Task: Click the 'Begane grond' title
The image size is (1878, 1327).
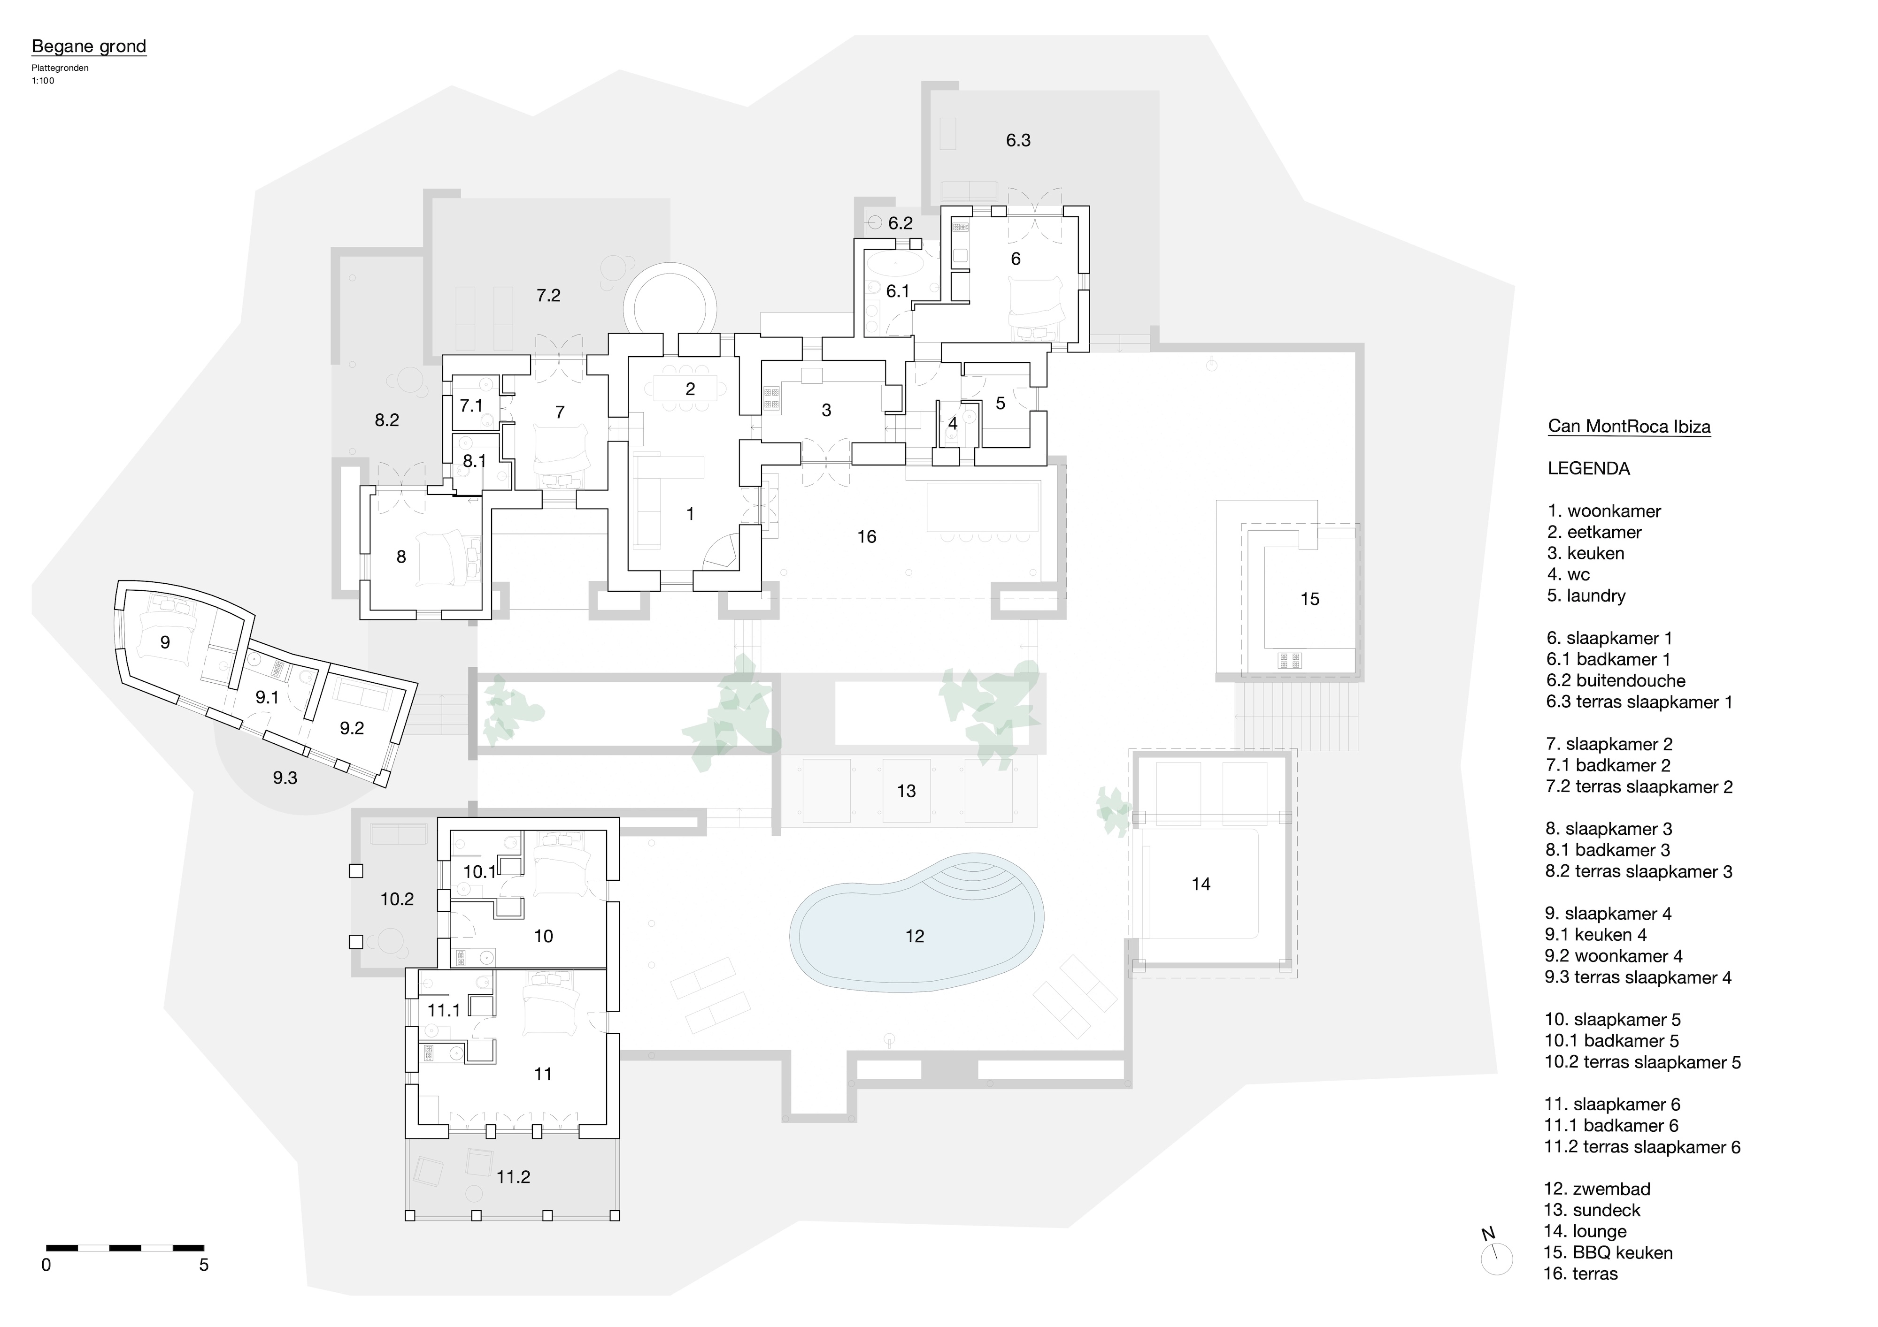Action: (88, 46)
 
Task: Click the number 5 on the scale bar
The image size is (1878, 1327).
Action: (204, 1265)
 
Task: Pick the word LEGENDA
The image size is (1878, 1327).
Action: (1588, 468)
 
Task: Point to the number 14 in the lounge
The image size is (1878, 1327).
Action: (1200, 884)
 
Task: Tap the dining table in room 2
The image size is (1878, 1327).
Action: (690, 389)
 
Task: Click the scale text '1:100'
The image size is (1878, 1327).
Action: (43, 81)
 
